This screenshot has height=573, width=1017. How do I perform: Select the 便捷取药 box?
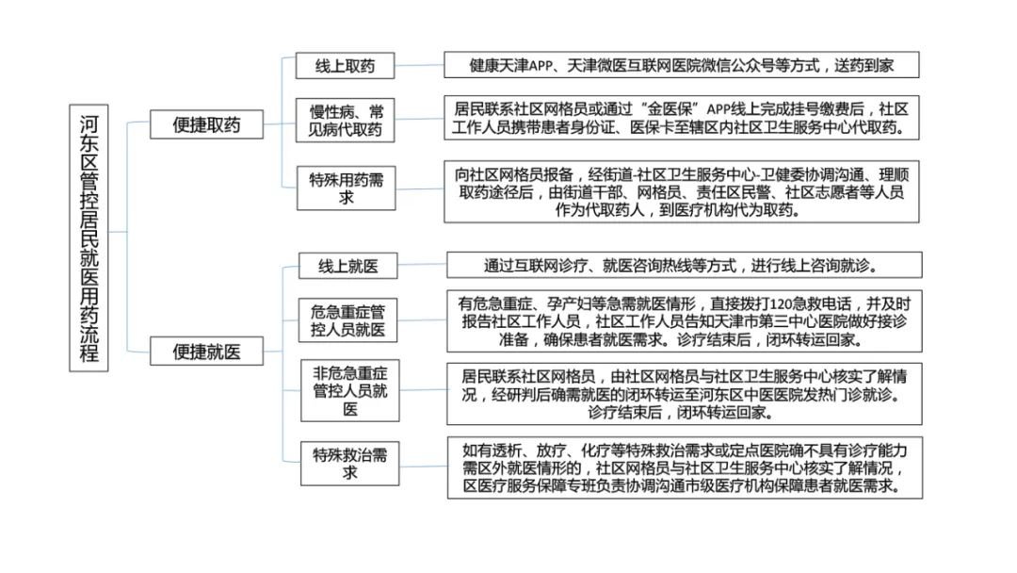(206, 123)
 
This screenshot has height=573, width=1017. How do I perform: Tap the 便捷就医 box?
(206, 352)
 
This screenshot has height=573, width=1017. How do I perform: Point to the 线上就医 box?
(347, 267)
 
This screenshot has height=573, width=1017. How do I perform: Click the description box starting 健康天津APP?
(681, 66)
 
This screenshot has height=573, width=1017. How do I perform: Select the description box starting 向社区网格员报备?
(682, 191)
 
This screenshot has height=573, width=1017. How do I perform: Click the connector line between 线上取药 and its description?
(419, 66)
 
